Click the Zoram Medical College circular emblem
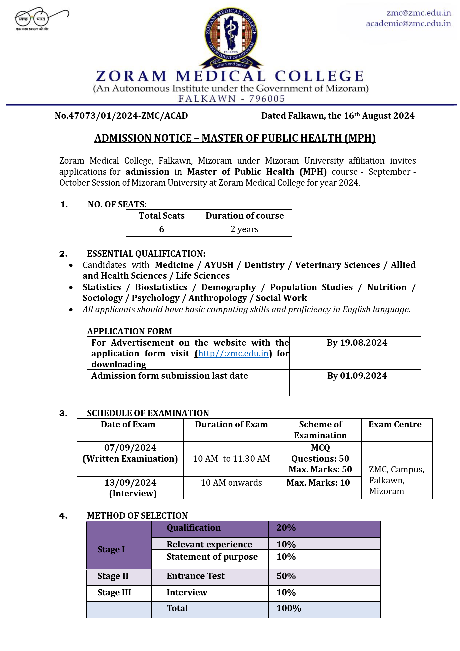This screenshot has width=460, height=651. point(231,37)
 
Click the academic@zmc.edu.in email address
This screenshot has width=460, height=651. point(408,23)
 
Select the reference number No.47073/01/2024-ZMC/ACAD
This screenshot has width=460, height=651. point(121,116)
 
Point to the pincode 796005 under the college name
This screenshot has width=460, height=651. point(267,99)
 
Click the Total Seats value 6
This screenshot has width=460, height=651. point(162,229)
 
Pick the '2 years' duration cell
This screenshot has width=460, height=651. point(244,229)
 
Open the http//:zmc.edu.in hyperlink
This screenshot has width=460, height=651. point(233,353)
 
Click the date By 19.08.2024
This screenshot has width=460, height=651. point(357,343)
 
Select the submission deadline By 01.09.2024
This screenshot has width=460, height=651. point(357,375)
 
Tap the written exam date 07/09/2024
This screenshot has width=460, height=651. point(130,447)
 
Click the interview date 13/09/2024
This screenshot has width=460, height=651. point(130,482)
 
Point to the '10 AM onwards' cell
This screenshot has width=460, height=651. point(231,482)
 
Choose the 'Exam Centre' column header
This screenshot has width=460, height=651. point(395,424)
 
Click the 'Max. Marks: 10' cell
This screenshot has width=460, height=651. point(318,482)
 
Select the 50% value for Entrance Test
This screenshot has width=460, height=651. point(286,576)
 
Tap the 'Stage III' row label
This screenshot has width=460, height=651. point(114,592)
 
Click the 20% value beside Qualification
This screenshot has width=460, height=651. point(286,528)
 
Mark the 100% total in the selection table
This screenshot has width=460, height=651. point(289,608)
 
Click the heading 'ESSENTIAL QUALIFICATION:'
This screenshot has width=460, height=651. point(146,254)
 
